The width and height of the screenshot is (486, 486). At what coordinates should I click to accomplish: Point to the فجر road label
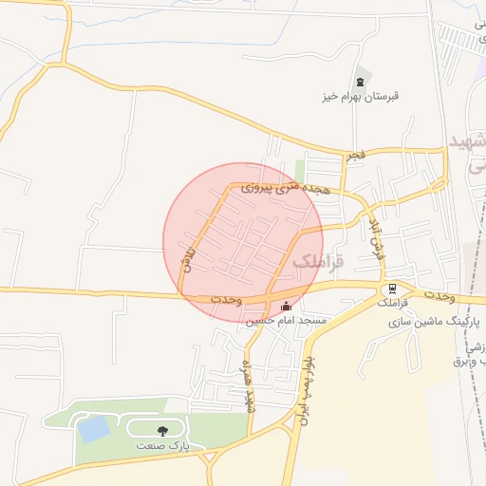(x=355, y=154)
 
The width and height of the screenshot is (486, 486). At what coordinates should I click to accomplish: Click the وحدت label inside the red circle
(x=227, y=299)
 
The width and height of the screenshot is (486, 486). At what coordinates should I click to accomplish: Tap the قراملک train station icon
(x=391, y=288)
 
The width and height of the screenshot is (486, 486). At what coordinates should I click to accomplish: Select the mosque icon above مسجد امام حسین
(x=288, y=306)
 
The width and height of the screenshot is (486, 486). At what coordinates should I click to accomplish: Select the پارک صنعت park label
(x=162, y=444)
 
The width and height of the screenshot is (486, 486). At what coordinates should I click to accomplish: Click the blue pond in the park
(x=94, y=429)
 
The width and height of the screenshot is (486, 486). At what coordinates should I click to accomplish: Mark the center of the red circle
(x=243, y=243)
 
